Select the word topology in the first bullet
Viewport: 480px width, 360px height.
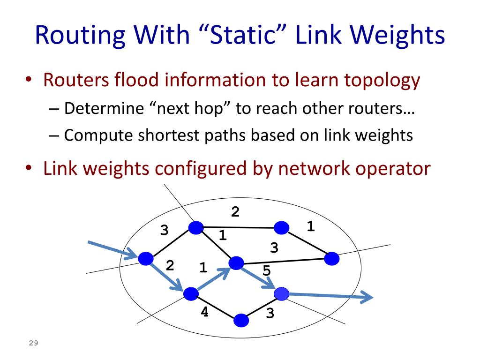(382, 81)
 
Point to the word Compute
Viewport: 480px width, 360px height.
(99, 135)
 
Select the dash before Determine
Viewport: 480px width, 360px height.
(54, 109)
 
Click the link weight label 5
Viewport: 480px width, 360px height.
(266, 270)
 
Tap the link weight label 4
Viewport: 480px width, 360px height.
(204, 311)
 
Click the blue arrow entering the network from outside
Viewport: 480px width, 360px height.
(112, 250)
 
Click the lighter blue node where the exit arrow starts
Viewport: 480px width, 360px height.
(281, 293)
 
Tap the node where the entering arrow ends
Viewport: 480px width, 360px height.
(146, 258)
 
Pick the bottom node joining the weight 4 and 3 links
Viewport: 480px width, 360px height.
(241, 320)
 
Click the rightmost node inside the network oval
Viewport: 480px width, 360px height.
(331, 258)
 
